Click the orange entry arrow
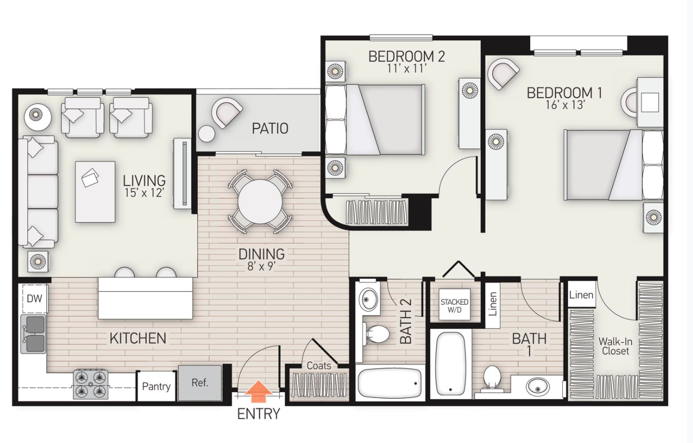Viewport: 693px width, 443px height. (259, 391)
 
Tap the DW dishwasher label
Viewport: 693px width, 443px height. (34, 299)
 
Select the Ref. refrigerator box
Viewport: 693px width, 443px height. (200, 383)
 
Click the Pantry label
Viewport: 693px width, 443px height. (156, 386)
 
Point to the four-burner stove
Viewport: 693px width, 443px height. (91, 383)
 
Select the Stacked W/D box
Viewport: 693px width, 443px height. (454, 305)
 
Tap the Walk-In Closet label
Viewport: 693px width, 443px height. (615, 346)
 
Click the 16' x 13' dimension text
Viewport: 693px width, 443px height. (565, 105)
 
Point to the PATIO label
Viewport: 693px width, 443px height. (270, 128)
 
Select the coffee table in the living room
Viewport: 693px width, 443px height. (95, 191)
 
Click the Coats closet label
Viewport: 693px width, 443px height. (319, 366)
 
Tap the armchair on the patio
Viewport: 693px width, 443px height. (226, 112)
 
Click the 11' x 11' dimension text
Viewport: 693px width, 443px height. (406, 68)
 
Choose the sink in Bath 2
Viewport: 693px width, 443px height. (370, 300)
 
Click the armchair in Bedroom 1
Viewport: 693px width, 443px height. (503, 73)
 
